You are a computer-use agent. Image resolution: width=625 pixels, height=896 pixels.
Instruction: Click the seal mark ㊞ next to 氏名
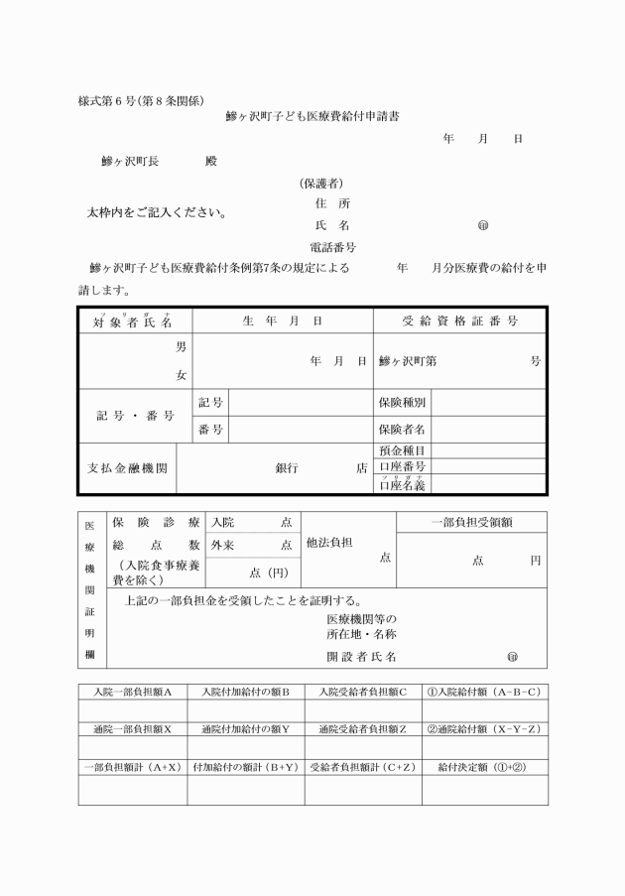[x=483, y=225]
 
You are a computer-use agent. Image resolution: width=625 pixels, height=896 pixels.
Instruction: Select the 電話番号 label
[x=333, y=247]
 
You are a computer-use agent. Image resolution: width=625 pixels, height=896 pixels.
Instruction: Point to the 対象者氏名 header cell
[x=134, y=321]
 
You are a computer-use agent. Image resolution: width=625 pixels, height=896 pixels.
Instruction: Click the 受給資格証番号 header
[x=459, y=321]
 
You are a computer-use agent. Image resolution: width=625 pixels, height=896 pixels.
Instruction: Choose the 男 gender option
[x=181, y=347]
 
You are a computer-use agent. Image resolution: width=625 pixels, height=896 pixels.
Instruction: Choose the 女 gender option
[x=181, y=375]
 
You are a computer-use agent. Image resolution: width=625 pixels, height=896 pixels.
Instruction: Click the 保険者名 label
[x=402, y=430]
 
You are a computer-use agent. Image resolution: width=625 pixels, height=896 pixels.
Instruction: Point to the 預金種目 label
[x=402, y=450]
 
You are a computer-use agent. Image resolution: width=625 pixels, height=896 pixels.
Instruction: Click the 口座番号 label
[x=402, y=466]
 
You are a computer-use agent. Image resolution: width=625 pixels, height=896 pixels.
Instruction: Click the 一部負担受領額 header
[x=471, y=522]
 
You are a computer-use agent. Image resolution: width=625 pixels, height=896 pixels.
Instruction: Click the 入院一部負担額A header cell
[x=133, y=691]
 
